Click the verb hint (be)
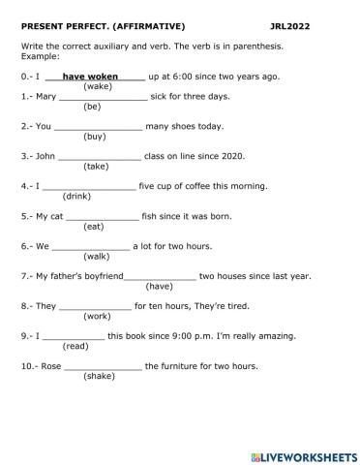click(x=93, y=107)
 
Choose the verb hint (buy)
click(x=96, y=137)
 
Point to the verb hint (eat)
click(x=94, y=227)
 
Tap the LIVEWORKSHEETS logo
click(x=301, y=453)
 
